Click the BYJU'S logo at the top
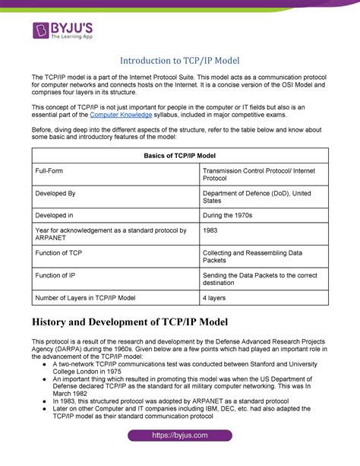(x=66, y=33)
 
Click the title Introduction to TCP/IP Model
(x=180, y=62)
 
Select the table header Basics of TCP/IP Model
(x=179, y=155)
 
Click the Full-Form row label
(x=52, y=172)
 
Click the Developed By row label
(x=55, y=194)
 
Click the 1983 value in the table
(x=212, y=230)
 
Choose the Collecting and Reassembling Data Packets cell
(x=253, y=257)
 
